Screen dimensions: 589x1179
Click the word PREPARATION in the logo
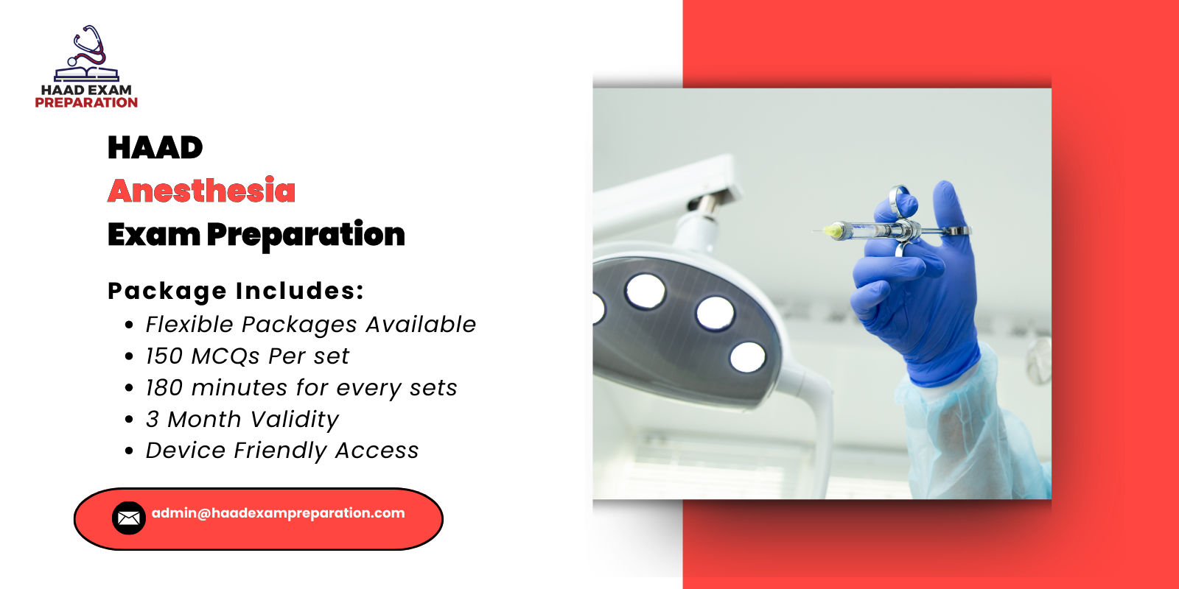(86, 103)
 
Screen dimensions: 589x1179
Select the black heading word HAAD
(155, 148)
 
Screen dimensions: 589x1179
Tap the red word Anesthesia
(201, 191)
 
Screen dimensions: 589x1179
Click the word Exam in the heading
(153, 235)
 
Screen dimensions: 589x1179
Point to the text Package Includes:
(236, 291)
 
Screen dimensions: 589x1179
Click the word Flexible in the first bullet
(189, 325)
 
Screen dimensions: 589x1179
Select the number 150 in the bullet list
(164, 356)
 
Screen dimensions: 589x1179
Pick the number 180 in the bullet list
(164, 388)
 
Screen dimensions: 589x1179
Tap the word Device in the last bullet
(185, 451)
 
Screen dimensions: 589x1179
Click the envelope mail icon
(128, 518)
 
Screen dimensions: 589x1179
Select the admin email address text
(278, 513)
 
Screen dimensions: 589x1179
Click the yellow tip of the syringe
(833, 231)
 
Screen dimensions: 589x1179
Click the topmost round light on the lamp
(646, 290)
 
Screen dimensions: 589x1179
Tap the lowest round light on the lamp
(747, 357)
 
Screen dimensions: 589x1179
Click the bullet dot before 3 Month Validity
(130, 420)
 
